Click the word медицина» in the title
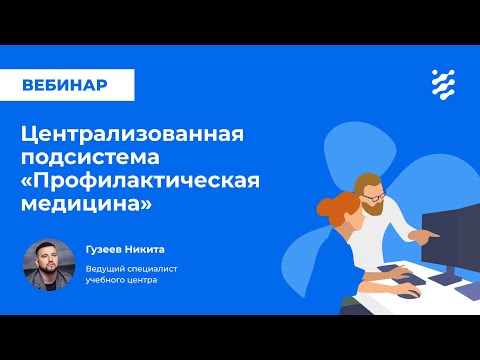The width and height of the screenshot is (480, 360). tap(87, 203)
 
